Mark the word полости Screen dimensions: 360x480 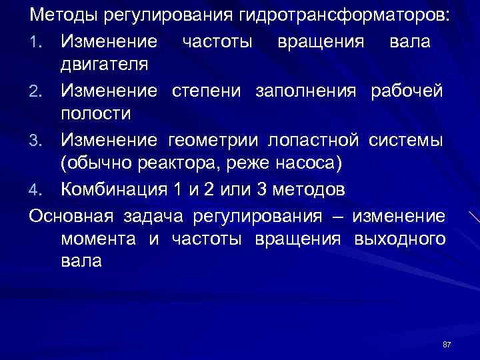96,114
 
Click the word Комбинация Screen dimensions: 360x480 114,189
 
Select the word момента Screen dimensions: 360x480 98,239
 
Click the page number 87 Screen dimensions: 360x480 447,344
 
